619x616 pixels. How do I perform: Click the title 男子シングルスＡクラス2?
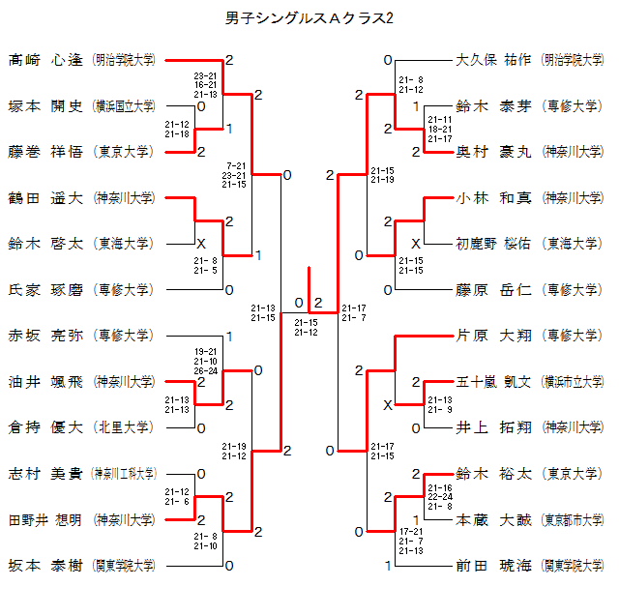pos(309,18)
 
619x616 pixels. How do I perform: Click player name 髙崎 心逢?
pos(45,60)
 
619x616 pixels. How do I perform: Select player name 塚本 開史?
pos(45,105)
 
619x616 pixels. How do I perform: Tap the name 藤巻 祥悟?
pos(45,152)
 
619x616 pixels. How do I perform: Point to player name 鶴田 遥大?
pos(45,197)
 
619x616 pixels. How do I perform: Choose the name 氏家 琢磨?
pos(45,289)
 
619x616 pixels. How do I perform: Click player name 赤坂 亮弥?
pos(45,336)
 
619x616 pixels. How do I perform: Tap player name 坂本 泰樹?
pos(45,565)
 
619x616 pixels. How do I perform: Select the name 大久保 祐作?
pos(493,60)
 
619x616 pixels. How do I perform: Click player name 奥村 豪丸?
pos(493,152)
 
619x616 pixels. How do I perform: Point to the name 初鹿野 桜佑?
pos(493,244)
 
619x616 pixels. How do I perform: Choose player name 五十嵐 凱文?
pos(493,381)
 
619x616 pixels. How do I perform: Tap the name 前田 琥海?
pos(493,565)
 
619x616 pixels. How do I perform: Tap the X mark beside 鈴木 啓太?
pos(201,243)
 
